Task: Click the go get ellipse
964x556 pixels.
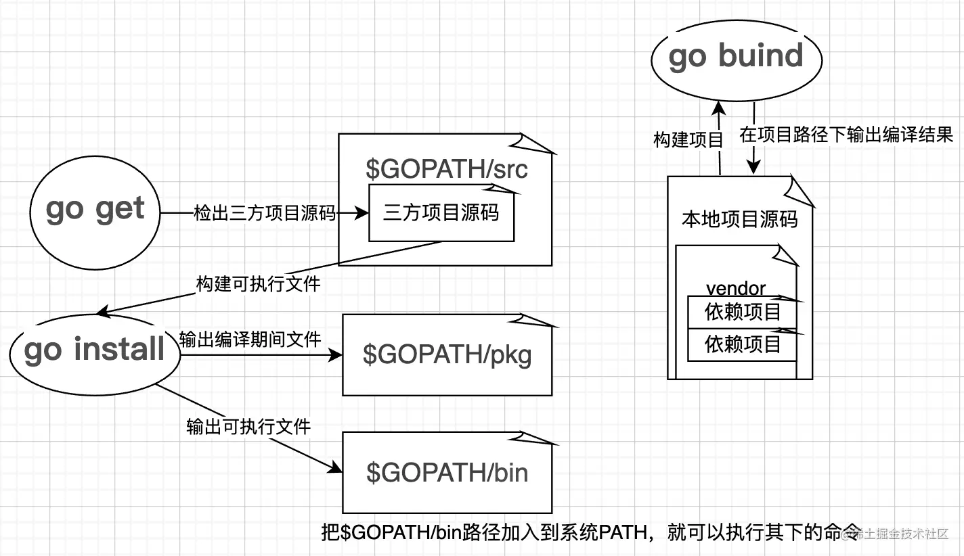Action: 95,210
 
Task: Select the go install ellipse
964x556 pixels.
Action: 95,350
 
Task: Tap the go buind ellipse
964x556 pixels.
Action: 736,57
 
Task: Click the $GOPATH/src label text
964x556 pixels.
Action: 446,169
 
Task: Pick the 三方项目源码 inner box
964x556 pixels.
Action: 441,214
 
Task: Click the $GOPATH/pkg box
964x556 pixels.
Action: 447,355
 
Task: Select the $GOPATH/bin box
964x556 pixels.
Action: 447,473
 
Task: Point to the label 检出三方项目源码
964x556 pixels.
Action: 265,213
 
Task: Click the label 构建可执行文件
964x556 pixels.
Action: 258,283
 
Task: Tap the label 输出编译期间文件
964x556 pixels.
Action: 250,338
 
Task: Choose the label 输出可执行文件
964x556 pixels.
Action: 248,427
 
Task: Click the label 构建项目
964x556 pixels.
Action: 688,140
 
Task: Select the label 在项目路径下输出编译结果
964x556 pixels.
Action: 846,135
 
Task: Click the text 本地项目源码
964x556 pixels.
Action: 739,220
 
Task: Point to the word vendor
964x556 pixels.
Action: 735,288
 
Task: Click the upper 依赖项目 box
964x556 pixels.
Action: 742,312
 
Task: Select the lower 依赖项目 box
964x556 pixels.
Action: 742,344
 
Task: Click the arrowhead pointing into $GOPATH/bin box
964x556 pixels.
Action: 336,468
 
